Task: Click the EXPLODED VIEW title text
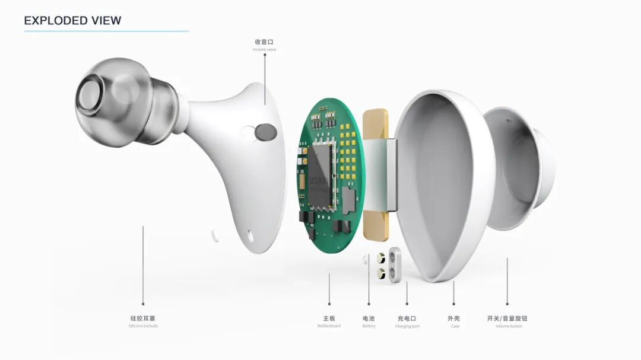72,20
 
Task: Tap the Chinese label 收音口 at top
264,42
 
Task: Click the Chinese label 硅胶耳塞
143,318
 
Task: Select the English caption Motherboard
329,326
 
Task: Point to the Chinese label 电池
369,318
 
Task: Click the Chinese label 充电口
407,318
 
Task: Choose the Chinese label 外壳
454,318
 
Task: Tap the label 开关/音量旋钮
507,318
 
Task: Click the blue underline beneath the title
106,31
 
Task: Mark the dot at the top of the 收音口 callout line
265,55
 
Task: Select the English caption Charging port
407,326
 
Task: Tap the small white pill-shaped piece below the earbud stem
214,236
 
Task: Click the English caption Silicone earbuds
143,326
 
